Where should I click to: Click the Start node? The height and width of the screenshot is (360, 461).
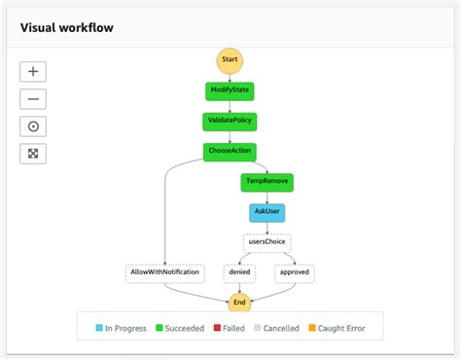[230, 60]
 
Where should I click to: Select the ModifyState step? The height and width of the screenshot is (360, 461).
[230, 91]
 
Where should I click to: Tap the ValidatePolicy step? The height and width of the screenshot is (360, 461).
[230, 122]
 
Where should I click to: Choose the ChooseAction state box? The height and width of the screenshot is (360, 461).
[230, 151]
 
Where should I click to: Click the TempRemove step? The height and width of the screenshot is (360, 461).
[266, 181]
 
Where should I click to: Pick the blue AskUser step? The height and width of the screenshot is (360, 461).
[266, 211]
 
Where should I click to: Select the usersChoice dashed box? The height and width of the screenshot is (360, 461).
[266, 242]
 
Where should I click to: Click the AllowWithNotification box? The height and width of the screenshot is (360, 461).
[164, 273]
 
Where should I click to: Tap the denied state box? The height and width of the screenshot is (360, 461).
[239, 273]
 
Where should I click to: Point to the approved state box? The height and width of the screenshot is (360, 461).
[295, 273]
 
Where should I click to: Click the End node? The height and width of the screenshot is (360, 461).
[239, 304]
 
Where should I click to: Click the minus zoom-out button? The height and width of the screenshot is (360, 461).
[34, 99]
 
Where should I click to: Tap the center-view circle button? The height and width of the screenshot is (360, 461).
[34, 126]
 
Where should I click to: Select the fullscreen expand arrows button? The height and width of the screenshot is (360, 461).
[34, 154]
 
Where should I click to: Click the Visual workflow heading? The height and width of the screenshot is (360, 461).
[66, 27]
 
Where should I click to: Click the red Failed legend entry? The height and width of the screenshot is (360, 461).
[228, 329]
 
